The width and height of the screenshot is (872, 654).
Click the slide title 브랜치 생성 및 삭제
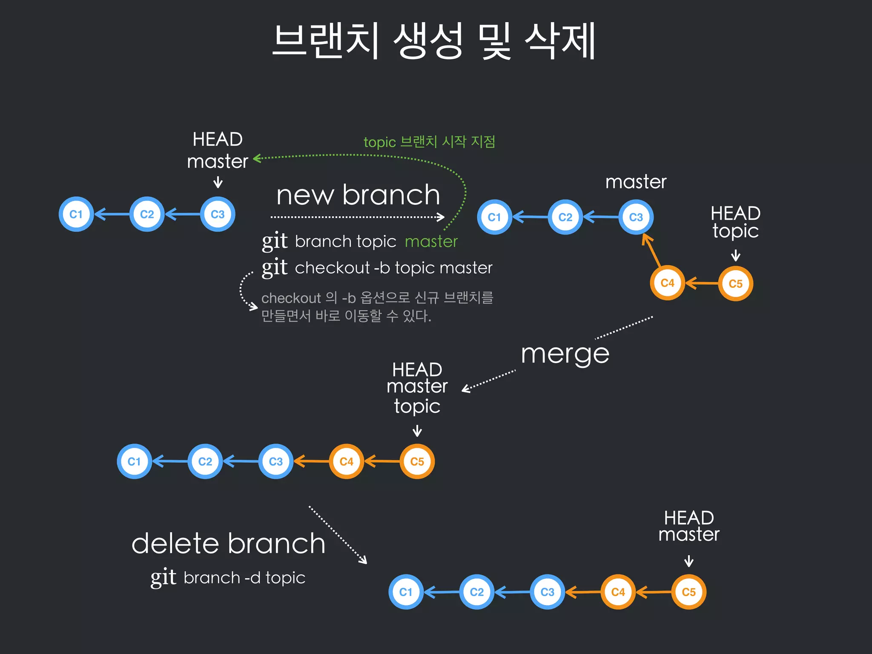coord(433,41)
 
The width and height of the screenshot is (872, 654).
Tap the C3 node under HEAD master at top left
coord(218,214)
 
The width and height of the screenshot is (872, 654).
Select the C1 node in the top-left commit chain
coord(76,214)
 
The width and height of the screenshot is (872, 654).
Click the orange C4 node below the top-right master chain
coord(667,283)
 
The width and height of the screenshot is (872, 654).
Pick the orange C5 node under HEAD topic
coord(735,284)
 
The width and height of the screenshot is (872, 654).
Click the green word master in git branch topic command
coord(431,241)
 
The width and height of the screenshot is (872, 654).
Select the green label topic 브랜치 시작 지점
coord(429,141)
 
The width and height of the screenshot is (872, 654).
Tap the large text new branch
coord(358,195)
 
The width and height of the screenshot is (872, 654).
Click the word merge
coord(565,353)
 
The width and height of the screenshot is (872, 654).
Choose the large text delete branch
coord(228,544)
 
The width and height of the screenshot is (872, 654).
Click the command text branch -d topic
coord(244,578)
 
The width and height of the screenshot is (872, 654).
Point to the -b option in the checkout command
coord(381,268)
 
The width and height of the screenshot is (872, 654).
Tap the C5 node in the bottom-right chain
coord(688,592)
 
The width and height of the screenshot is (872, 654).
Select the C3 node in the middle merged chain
coord(276,462)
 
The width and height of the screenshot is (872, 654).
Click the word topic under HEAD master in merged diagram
coord(417,406)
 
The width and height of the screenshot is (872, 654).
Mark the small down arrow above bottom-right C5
coord(688,561)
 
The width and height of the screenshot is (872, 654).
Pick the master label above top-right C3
coord(636,182)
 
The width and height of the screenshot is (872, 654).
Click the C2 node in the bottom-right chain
coord(477,592)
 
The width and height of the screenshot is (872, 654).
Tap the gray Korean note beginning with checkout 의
coord(377,307)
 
